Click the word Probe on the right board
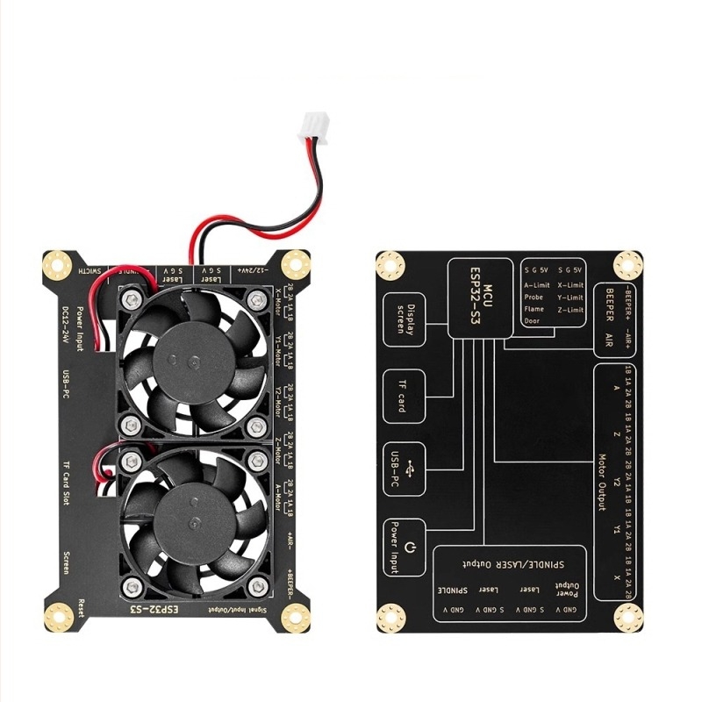[x=534, y=297]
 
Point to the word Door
[x=532, y=321]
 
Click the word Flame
[x=534, y=309]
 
